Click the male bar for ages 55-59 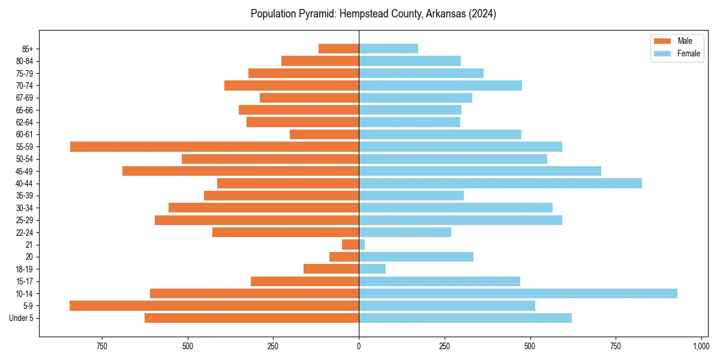pyautogui.click(x=214, y=146)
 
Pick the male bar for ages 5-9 pyautogui.click(x=214, y=305)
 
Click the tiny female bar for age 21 pyautogui.click(x=362, y=244)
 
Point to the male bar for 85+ pyautogui.click(x=338, y=49)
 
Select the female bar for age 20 pyautogui.click(x=416, y=257)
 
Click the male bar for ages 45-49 pyautogui.click(x=240, y=171)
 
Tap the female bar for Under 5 pyautogui.click(x=465, y=318)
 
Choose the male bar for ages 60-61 pyautogui.click(x=324, y=134)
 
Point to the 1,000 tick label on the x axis pyautogui.click(x=701, y=346)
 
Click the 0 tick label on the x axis pyautogui.click(x=359, y=346)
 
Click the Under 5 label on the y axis pyautogui.click(x=22, y=318)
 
